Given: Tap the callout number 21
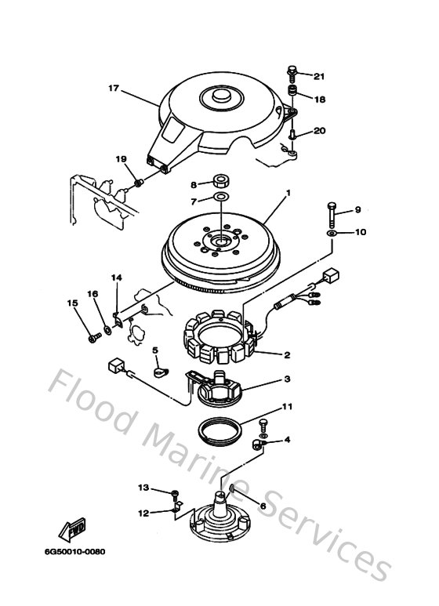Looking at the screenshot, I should coord(318,76).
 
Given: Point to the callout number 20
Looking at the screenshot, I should coord(319,131).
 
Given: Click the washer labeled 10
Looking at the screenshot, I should coord(332,234).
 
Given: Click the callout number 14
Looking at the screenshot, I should coord(116,278).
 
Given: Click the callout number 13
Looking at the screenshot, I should coord(143,488).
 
